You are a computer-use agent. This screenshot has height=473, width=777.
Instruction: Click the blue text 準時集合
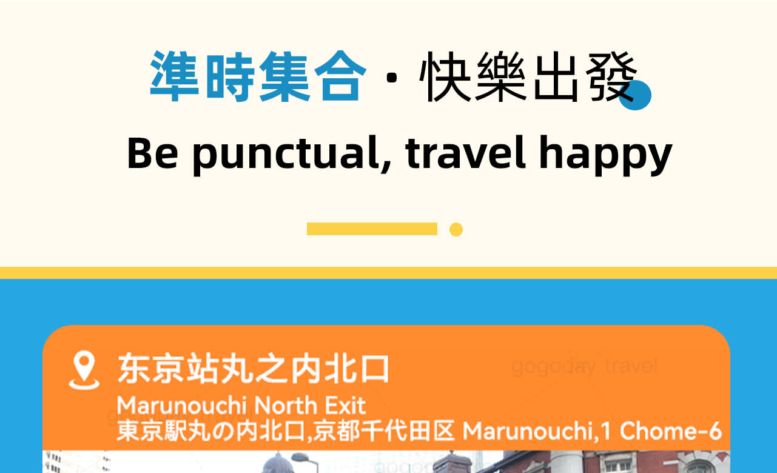tap(258, 76)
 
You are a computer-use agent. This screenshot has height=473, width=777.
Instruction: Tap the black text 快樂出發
tap(528, 76)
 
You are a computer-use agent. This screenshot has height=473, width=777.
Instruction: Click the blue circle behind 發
tap(636, 95)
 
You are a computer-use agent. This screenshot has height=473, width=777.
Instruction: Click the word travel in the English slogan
tap(465, 153)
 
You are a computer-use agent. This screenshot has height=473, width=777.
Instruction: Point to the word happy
tap(605, 155)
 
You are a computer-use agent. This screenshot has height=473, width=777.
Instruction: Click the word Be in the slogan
tap(153, 153)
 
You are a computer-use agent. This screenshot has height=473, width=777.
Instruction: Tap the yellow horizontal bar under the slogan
tap(372, 229)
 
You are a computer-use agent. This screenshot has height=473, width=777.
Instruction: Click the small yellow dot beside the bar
tap(456, 230)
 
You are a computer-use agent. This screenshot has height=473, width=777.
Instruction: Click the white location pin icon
tap(84, 371)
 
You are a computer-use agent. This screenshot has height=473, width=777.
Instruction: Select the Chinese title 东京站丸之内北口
tap(254, 369)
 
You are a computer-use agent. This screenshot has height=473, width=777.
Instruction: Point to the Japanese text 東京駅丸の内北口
tap(212, 431)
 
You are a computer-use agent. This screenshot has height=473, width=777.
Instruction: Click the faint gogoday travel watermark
tap(585, 366)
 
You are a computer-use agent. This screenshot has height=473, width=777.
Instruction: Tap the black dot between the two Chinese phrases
tap(392, 78)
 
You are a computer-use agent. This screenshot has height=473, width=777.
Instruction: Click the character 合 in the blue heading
tap(340, 76)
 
